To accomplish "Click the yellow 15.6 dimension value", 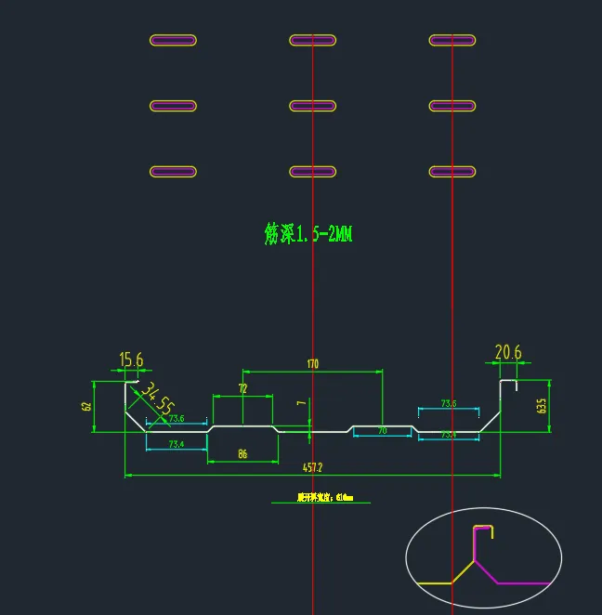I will click(x=131, y=360).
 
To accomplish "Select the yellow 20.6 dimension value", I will click(x=508, y=352).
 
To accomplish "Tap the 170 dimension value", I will click(x=312, y=364).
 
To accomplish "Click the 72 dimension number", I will click(x=242, y=387).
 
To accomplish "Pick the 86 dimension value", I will click(x=242, y=455).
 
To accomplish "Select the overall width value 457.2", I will click(x=312, y=467).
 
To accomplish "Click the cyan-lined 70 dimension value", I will click(x=381, y=431).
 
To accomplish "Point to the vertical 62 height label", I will click(x=86, y=406).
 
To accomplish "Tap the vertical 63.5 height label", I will click(x=541, y=405).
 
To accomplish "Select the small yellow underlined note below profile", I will click(x=321, y=498).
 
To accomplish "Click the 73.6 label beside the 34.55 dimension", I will click(x=176, y=419).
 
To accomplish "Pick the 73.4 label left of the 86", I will click(x=176, y=445).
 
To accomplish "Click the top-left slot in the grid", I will click(x=173, y=40).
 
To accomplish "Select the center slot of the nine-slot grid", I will click(x=312, y=106).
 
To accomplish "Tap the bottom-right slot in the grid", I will click(x=452, y=172).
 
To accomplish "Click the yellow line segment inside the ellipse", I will click(x=435, y=582).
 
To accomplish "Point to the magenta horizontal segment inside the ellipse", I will click(x=524, y=583).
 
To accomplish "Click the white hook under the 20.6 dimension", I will click(x=509, y=382).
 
